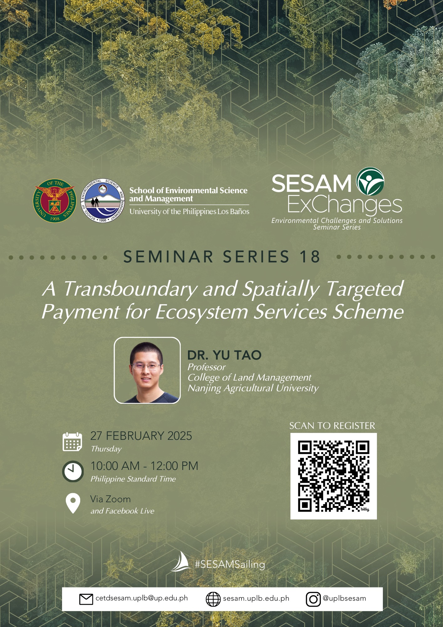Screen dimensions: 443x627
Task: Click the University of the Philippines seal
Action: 55,201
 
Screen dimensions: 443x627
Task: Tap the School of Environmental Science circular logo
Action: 103,201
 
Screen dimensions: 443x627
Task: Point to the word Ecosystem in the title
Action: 202,313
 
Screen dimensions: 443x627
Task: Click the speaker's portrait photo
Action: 147,370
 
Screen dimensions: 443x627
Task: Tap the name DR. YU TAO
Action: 224,355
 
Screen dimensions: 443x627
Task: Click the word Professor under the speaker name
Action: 206,367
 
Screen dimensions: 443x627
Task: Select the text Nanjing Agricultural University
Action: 253,388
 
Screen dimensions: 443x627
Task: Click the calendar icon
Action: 72,442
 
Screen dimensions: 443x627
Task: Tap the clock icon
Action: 73,471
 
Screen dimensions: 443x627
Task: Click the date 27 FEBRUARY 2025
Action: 141,436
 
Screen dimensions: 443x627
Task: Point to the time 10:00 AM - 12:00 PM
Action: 144,466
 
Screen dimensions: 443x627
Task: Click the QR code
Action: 333,476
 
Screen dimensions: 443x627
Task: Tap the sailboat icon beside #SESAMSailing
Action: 181,561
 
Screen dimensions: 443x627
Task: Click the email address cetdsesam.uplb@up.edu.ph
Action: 142,598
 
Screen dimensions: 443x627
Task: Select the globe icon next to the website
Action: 213,599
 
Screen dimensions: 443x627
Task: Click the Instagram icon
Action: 313,599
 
